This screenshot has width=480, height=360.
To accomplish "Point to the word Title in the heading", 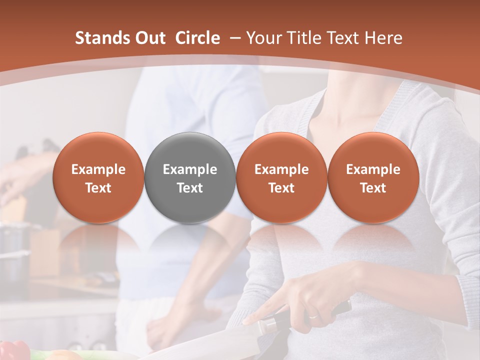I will [x=304, y=38].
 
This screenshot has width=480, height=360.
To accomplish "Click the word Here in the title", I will [x=383, y=38].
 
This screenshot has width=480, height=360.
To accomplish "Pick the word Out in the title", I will [x=151, y=38].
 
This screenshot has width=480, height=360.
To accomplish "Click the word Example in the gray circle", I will [x=190, y=169].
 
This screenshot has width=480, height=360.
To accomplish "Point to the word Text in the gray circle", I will [x=190, y=188].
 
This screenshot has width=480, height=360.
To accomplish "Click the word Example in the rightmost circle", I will [x=373, y=169].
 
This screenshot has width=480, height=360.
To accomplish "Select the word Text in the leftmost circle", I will [x=98, y=188].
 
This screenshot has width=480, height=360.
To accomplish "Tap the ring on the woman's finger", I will [x=312, y=316].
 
